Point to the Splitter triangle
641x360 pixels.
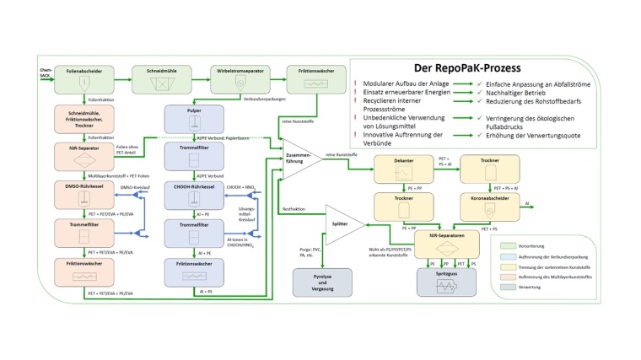tap(342, 225)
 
